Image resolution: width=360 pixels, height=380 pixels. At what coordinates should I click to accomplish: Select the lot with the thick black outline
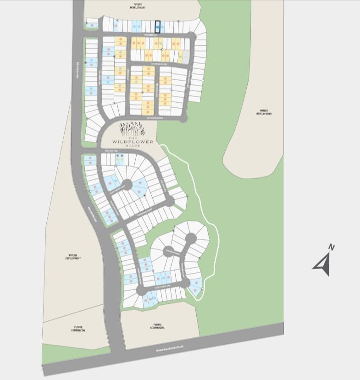pyautogui.click(x=158, y=27)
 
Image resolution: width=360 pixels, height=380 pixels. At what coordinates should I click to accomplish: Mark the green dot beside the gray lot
pyautogui.click(x=181, y=57)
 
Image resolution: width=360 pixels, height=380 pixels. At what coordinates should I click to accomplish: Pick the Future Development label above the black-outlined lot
pyautogui.click(x=136, y=6)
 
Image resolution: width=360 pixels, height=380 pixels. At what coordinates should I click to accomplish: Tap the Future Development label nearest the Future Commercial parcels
pyautogui.click(x=73, y=257)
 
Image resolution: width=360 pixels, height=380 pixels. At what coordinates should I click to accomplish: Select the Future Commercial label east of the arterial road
pyautogui.click(x=157, y=326)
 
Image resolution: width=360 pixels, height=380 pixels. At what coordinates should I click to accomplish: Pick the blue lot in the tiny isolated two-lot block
pyautogui.click(x=93, y=25)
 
